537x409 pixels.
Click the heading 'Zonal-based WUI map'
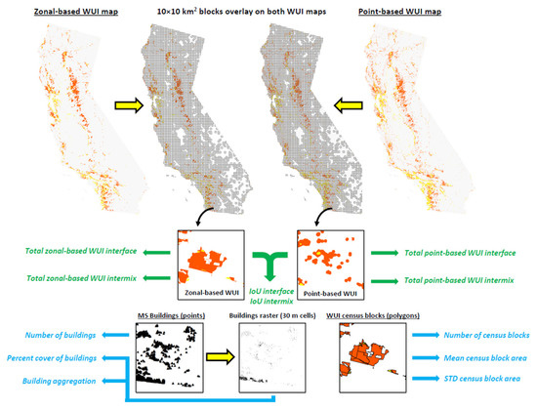71,10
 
